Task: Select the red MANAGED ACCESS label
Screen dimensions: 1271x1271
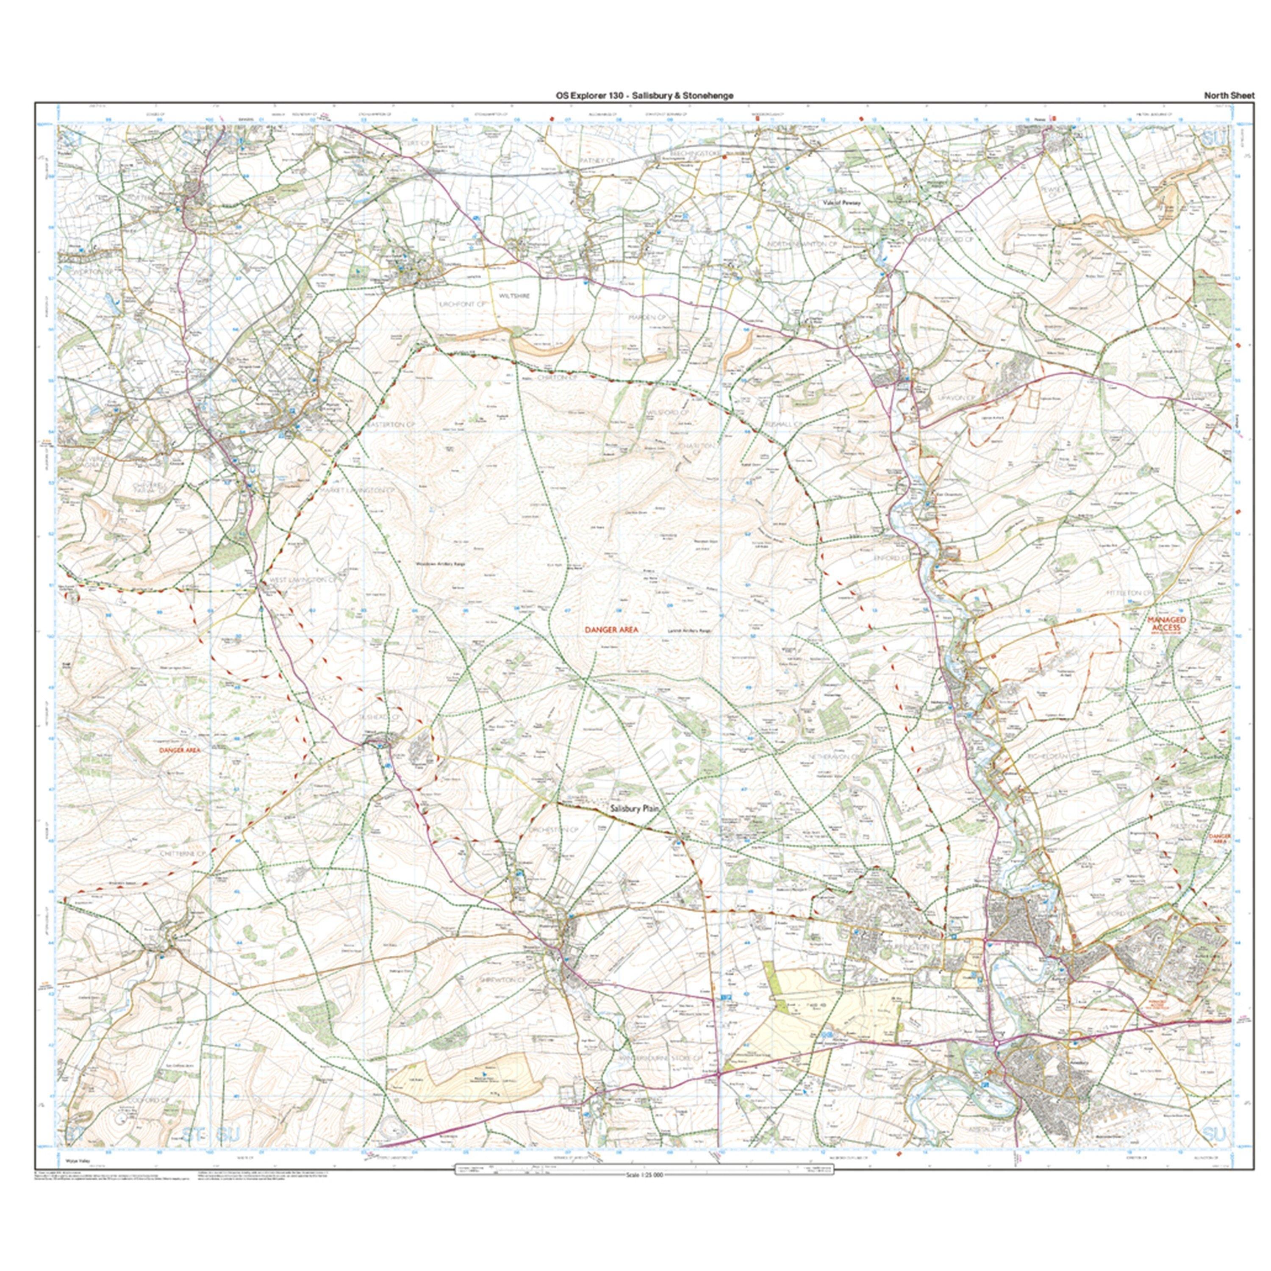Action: pos(1167,624)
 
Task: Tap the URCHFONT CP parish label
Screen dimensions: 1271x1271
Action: pos(462,305)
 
